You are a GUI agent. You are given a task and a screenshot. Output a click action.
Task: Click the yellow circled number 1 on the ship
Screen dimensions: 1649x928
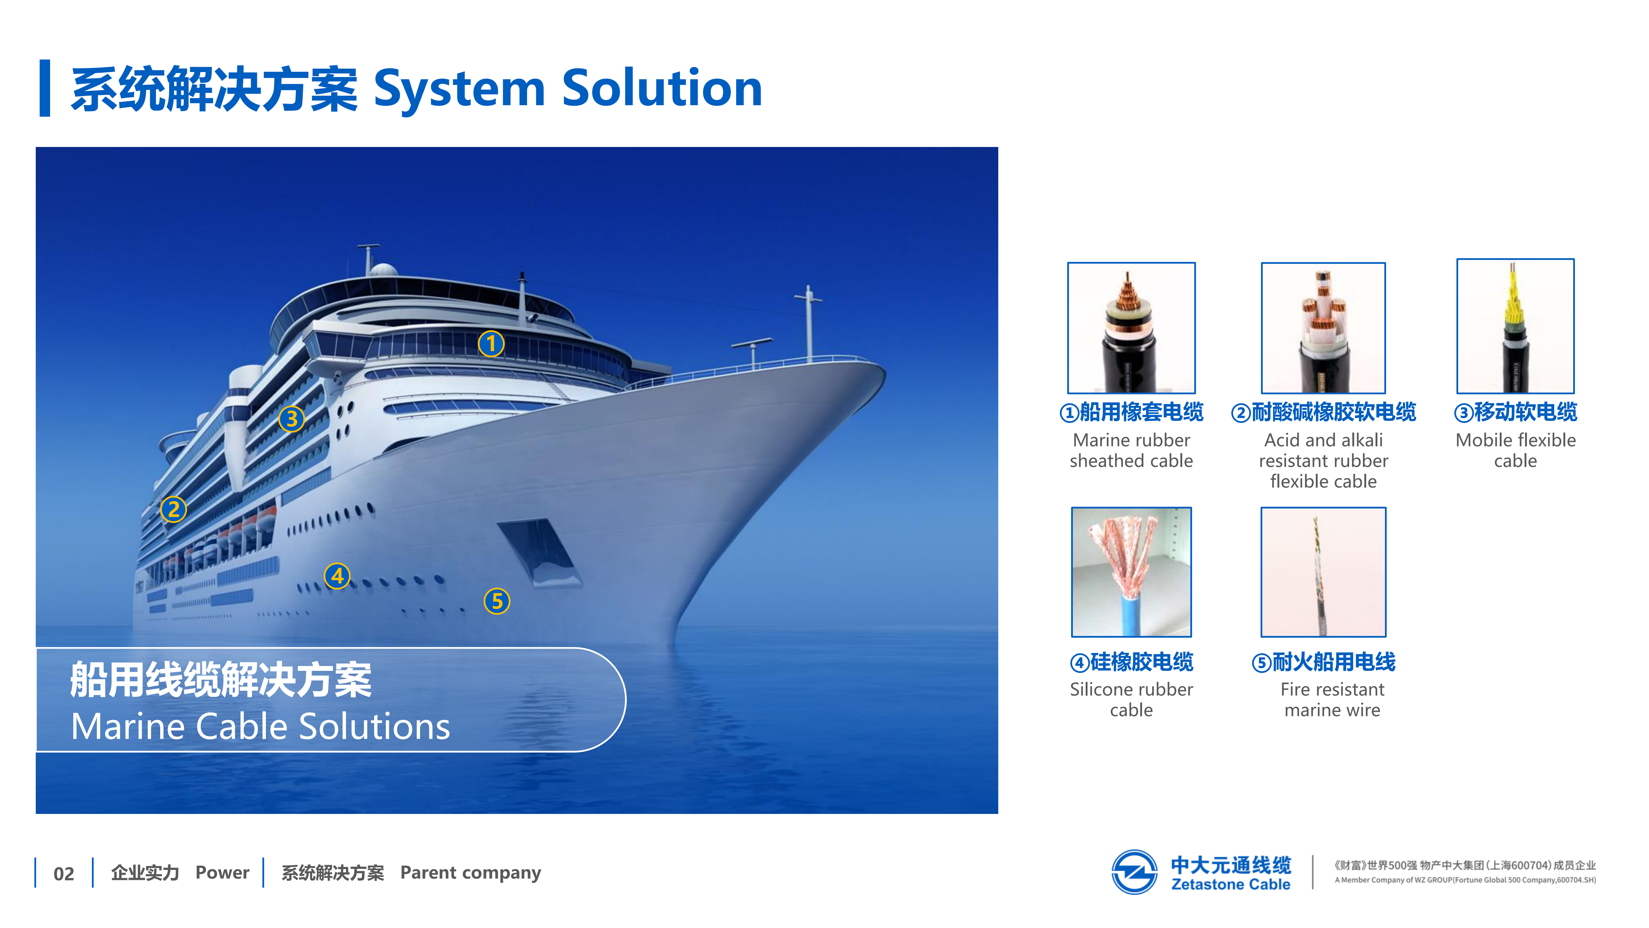click(491, 344)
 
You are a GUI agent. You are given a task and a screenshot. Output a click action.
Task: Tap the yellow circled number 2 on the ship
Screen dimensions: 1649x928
click(174, 510)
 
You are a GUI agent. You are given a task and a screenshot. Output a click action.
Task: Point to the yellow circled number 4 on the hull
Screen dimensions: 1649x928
click(337, 576)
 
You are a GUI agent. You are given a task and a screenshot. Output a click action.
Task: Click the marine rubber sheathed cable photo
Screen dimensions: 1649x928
click(1131, 328)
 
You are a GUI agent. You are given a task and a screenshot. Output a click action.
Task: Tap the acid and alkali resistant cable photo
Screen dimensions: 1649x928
click(1323, 328)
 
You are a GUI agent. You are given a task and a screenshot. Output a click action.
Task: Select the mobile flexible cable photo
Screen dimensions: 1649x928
click(1515, 326)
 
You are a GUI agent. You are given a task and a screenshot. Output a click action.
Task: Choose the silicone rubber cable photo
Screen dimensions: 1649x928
click(1131, 572)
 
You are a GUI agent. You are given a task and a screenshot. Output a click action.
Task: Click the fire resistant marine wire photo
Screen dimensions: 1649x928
click(1323, 572)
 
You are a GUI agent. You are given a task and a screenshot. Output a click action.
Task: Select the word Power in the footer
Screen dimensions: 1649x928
click(222, 872)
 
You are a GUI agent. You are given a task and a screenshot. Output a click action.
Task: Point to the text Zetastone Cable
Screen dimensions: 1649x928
click(1230, 884)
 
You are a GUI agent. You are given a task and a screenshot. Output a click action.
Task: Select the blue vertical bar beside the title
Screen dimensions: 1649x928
click(45, 88)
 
